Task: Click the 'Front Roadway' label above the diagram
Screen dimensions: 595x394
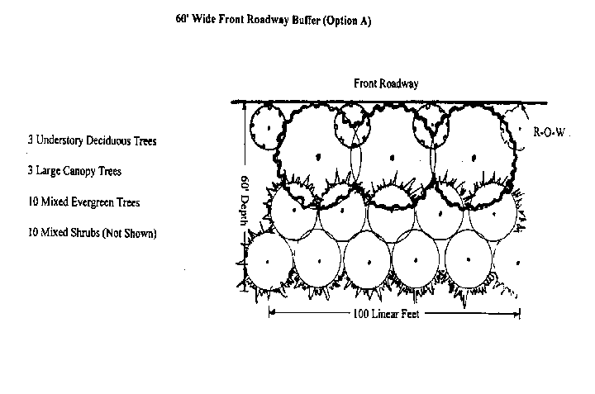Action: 386,83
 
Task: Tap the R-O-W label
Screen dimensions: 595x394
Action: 549,132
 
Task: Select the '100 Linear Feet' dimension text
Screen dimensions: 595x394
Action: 386,314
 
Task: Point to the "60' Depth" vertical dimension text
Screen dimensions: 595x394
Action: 245,200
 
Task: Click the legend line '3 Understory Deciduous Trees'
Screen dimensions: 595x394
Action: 93,140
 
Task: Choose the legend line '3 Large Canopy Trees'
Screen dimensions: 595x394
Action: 74,171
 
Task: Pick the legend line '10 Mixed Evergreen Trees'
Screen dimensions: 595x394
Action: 83,202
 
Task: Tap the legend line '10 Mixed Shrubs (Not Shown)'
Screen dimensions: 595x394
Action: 93,232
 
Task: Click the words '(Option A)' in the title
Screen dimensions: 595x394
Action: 347,21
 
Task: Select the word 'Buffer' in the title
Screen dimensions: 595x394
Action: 306,20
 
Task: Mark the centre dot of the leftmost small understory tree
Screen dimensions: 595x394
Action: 269,128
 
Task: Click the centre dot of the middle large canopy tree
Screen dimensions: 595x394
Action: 392,158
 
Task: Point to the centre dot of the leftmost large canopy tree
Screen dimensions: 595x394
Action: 318,157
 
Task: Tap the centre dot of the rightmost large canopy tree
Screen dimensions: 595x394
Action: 474,158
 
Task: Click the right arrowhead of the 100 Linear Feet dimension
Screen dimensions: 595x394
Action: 516,314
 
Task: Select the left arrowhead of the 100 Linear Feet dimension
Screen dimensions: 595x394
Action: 272,313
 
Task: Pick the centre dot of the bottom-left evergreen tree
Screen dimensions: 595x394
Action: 268,262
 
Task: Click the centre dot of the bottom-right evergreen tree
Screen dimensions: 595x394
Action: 518,263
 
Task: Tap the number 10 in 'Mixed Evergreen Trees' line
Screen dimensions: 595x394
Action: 32,202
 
